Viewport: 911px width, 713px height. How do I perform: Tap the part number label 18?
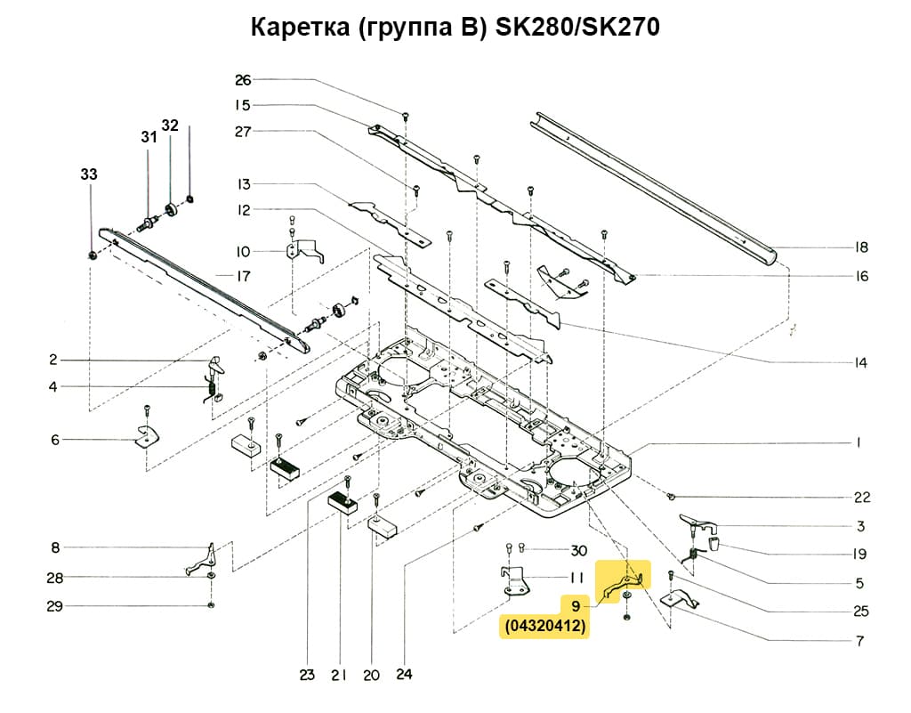click(860, 247)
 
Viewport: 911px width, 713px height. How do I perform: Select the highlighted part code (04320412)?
click(544, 628)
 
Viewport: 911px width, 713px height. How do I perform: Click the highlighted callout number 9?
click(576, 606)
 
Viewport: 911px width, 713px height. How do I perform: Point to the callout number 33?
click(89, 175)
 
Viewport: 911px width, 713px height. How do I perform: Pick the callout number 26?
click(243, 80)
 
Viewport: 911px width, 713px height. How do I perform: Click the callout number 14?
click(860, 363)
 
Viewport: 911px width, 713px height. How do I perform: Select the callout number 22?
click(861, 497)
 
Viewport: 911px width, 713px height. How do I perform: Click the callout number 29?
click(54, 606)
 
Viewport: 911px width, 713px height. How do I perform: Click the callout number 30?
click(579, 549)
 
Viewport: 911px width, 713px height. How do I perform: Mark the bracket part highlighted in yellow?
click(624, 580)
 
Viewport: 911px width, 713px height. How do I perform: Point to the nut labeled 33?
click(93, 256)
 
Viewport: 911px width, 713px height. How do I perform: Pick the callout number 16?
click(860, 276)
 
